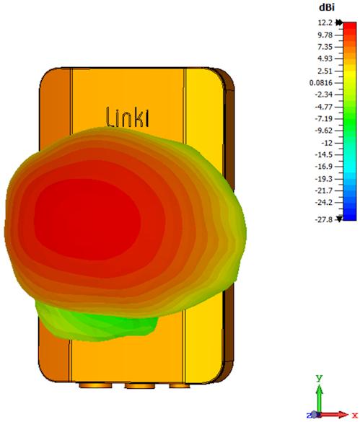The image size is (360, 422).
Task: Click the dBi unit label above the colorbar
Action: coord(327,7)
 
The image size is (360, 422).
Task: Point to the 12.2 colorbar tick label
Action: coord(325,23)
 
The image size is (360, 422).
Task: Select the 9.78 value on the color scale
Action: coord(325,35)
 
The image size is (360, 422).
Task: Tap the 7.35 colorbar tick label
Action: coord(325,47)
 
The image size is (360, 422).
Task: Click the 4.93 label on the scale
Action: coord(325,58)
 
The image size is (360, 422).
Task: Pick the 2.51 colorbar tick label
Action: coord(325,71)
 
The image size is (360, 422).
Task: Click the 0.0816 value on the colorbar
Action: coord(321,83)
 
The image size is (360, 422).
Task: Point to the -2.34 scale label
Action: coord(324,94)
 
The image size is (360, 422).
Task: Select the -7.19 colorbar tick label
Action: coord(324,119)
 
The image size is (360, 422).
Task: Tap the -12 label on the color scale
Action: coord(327,143)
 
